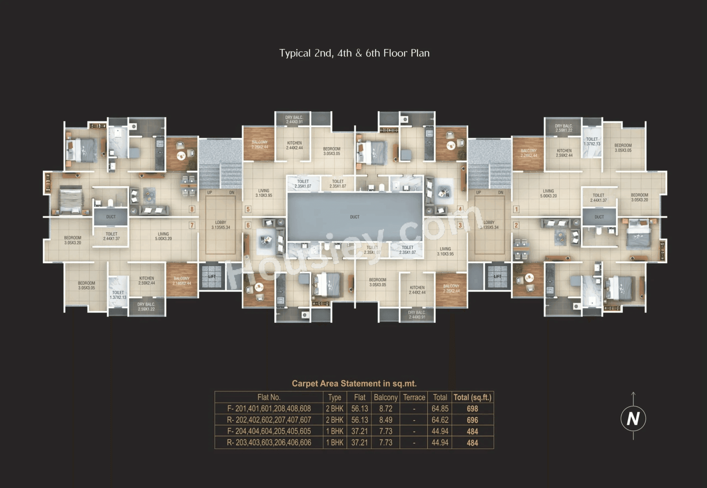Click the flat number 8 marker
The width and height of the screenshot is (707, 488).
tap(192, 209)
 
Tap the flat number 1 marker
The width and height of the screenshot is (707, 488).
tap(516, 209)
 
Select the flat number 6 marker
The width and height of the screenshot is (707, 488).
tap(248, 225)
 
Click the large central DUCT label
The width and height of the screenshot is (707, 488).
tap(355, 217)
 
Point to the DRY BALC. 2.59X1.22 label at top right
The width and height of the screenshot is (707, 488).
tap(564, 128)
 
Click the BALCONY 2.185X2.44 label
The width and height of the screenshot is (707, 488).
tap(182, 281)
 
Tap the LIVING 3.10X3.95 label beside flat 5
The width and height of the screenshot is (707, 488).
tap(264, 193)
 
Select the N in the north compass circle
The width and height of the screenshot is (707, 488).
tap(633, 418)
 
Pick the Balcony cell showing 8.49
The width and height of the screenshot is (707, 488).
tap(385, 420)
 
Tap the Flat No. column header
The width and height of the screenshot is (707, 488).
tap(269, 397)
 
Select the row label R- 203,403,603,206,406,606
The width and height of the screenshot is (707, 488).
tap(269, 442)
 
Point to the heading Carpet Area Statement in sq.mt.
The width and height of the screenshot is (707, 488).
tap(354, 383)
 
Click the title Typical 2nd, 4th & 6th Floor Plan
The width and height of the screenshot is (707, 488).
tap(354, 53)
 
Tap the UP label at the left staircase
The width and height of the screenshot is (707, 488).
tap(210, 193)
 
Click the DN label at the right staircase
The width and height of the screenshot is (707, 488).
tap(501, 193)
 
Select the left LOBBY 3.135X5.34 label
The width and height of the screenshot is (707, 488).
tap(220, 225)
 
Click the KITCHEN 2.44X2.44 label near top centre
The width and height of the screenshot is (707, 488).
tap(294, 145)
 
